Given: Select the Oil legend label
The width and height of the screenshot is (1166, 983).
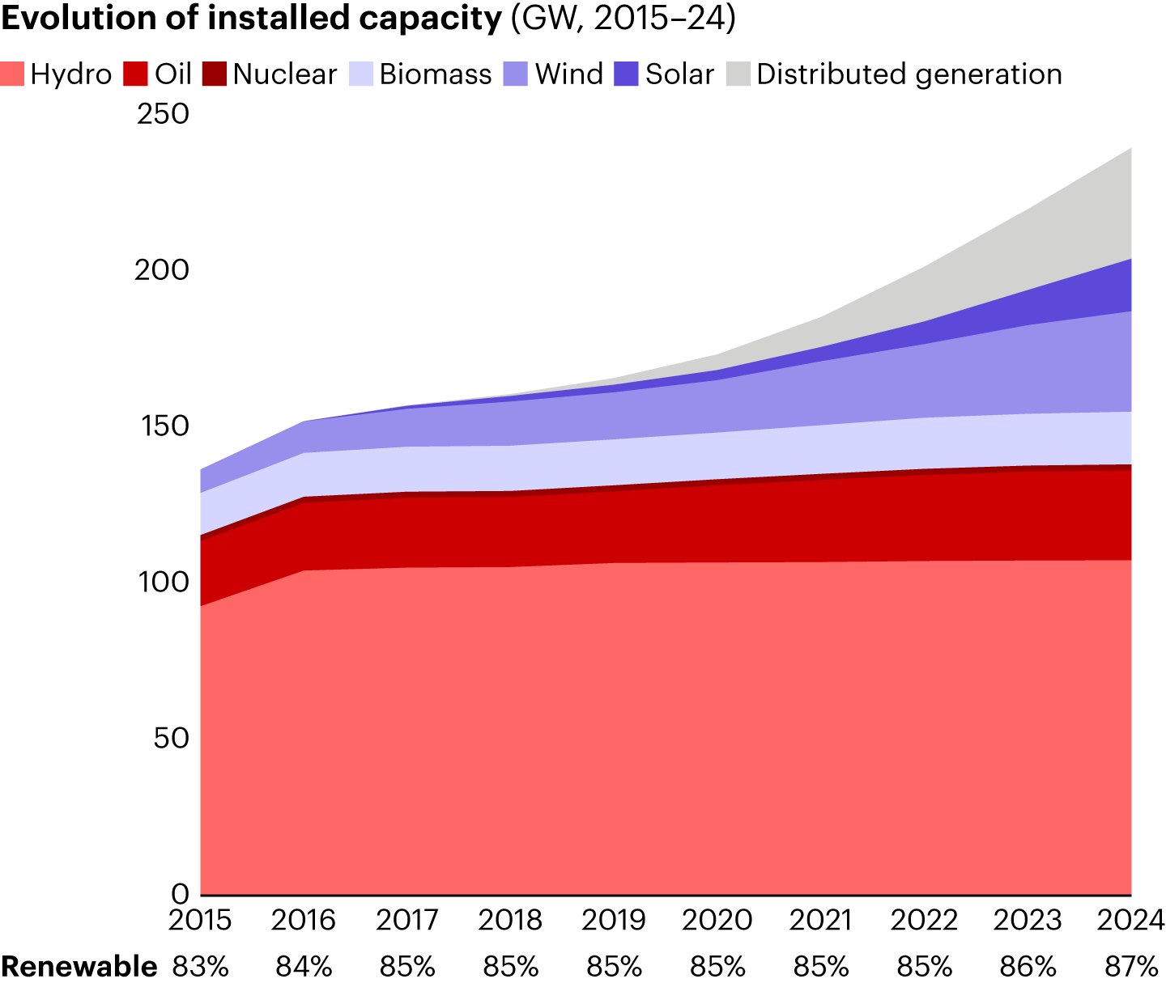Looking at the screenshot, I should click(x=172, y=74).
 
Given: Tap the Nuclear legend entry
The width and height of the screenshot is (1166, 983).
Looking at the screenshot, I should click(x=284, y=74).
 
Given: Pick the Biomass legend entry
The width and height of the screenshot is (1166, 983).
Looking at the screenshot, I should click(x=435, y=74).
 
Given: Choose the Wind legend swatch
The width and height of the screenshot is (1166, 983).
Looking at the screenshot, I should click(x=516, y=74).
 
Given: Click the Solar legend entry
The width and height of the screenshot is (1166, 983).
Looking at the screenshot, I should click(x=679, y=74).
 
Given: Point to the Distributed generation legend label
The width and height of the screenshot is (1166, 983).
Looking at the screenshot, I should click(x=909, y=74).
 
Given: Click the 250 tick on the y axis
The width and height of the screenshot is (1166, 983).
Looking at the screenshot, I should click(x=162, y=114).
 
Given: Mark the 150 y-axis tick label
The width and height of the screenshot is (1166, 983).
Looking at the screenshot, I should click(x=162, y=426).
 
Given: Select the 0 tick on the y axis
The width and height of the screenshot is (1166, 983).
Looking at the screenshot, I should click(x=181, y=894).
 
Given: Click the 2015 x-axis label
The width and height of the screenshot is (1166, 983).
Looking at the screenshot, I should click(x=200, y=922).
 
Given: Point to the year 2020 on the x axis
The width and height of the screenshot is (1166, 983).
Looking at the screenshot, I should click(x=717, y=922).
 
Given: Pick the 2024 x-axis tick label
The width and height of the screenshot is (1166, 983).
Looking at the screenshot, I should click(x=1130, y=922).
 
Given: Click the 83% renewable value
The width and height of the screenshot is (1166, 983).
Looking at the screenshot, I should click(x=200, y=966).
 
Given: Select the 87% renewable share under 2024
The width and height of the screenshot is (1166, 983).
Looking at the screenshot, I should click(x=1131, y=966).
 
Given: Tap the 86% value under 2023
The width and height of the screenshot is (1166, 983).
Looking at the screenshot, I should click(x=1028, y=966).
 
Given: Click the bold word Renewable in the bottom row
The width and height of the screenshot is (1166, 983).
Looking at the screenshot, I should click(x=79, y=966).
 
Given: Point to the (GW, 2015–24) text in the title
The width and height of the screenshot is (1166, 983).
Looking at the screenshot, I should click(x=622, y=19).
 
